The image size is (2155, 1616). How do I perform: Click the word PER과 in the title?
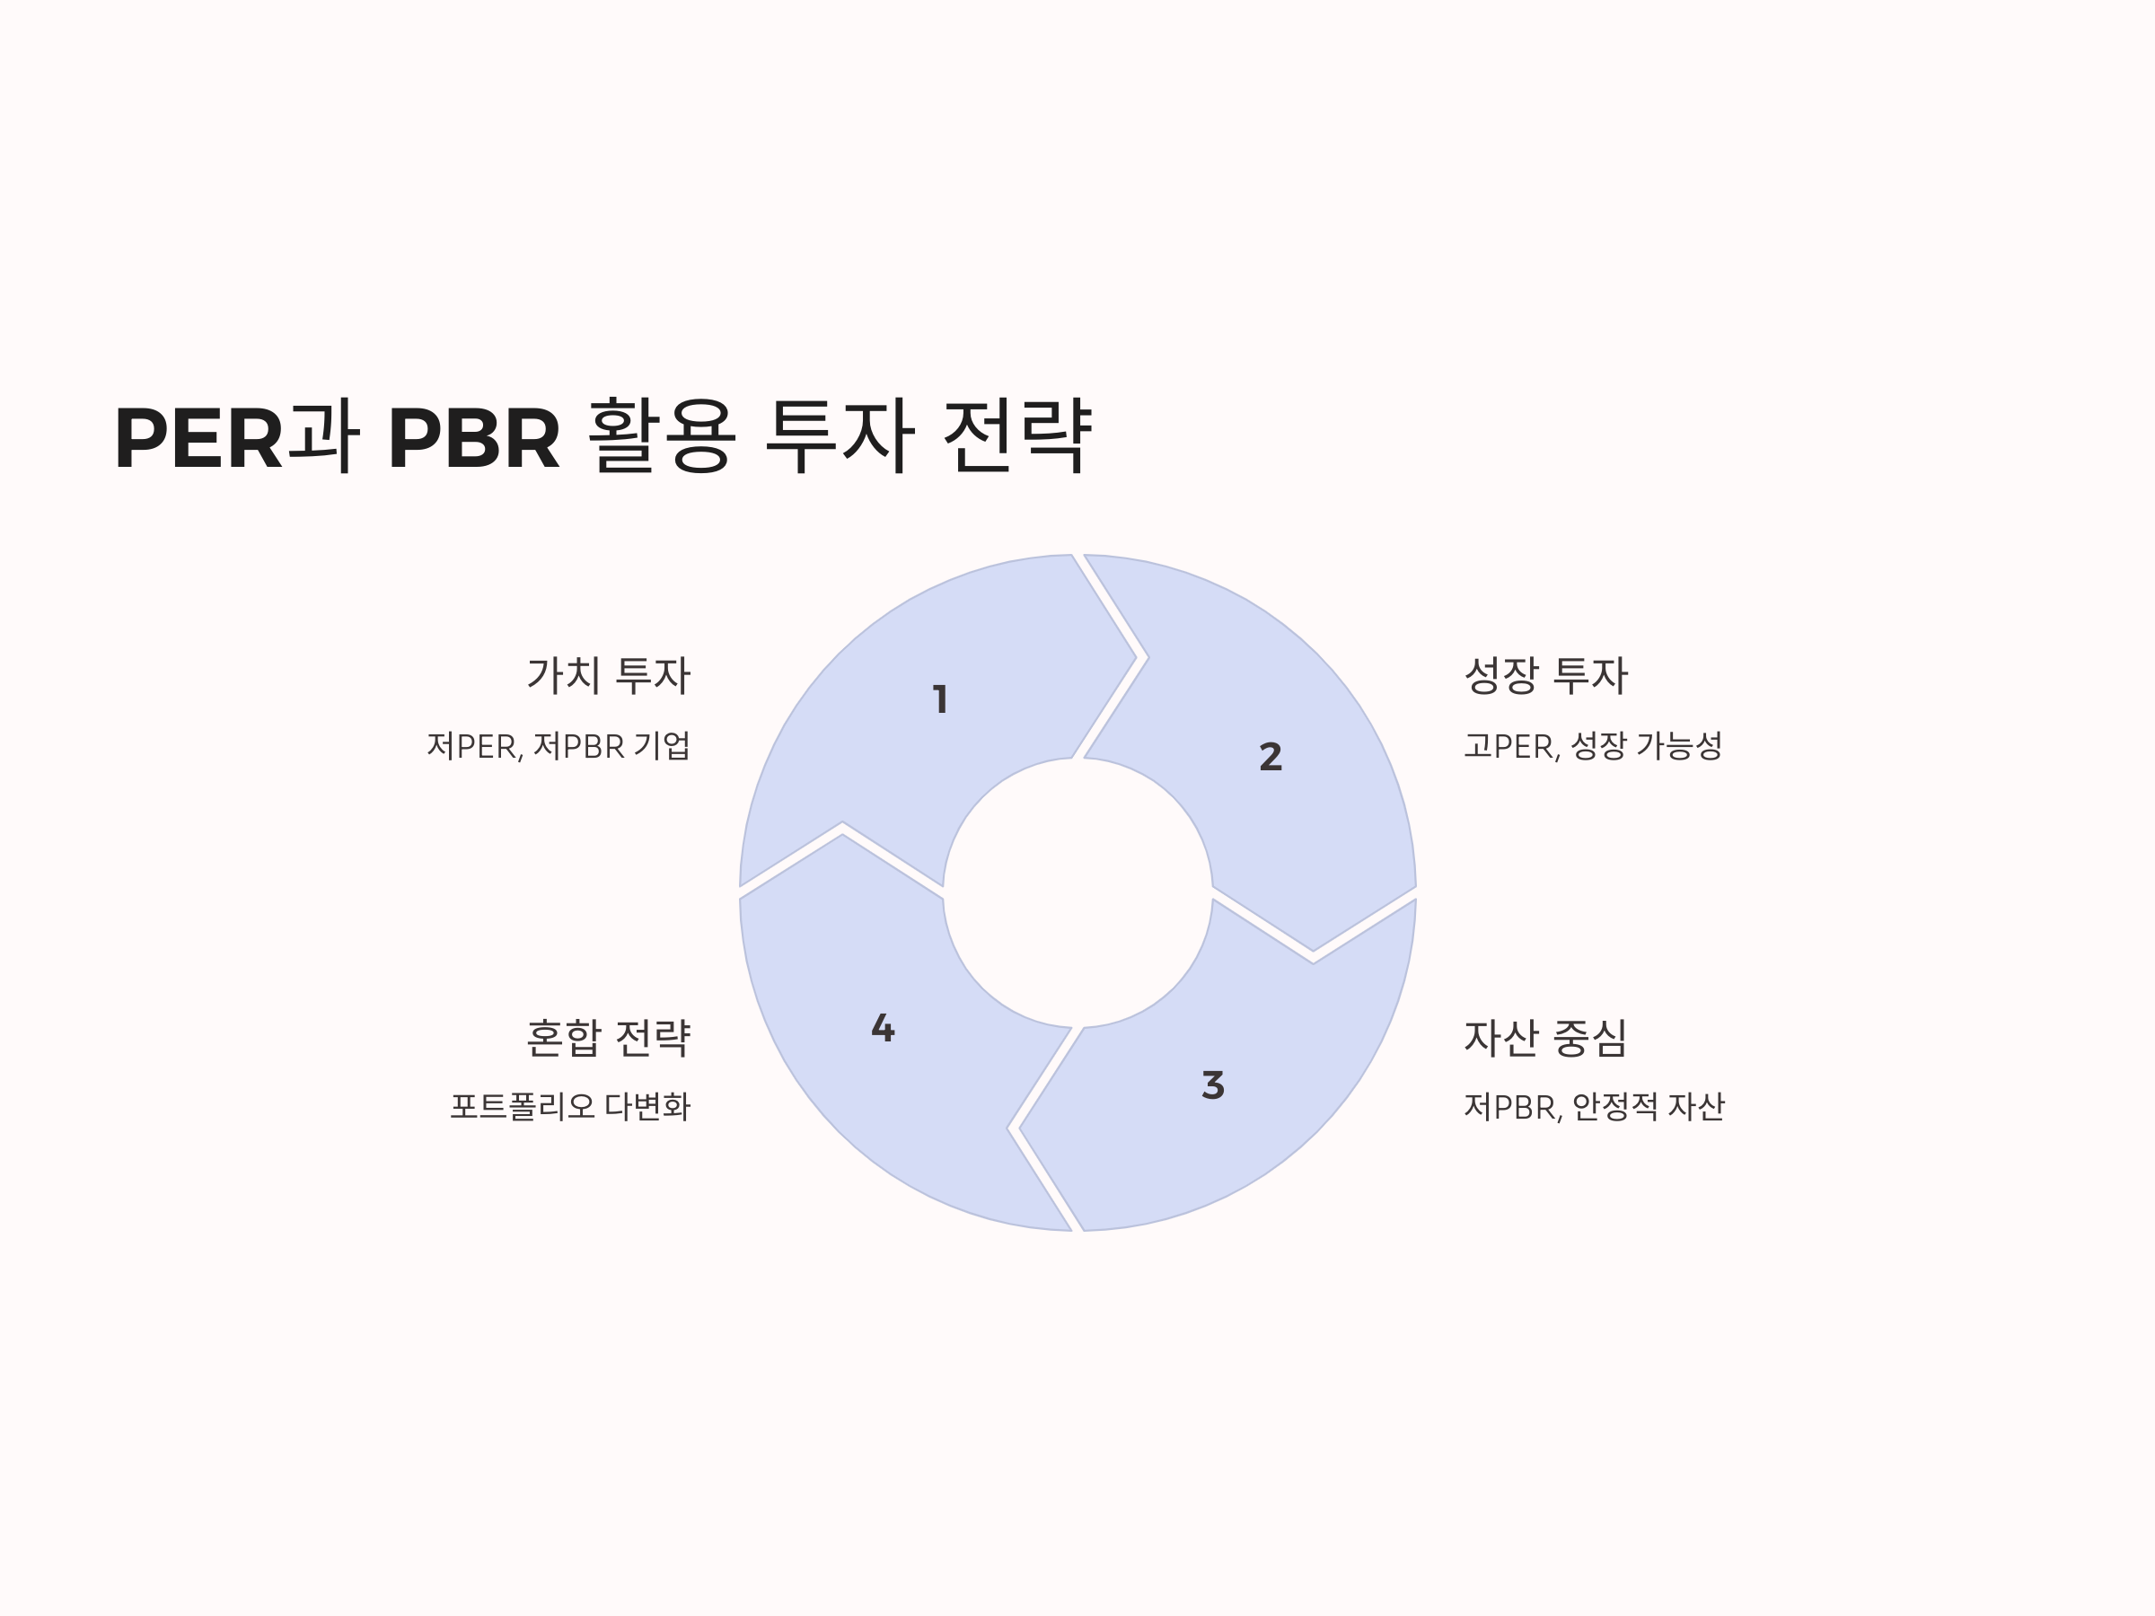point(237,437)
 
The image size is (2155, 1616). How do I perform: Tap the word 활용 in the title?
point(662,437)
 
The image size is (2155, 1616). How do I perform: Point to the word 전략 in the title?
point(1017,437)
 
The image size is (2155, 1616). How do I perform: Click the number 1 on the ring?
point(940,699)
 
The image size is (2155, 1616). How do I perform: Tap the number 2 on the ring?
point(1271,757)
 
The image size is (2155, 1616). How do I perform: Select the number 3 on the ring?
point(1213,1085)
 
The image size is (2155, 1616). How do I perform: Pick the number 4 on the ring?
point(883,1029)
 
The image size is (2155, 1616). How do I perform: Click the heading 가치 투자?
point(609,675)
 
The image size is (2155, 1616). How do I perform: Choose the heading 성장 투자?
point(1545,675)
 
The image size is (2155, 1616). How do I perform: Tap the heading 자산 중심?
point(1545,1038)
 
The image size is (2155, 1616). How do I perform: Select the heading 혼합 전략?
point(609,1038)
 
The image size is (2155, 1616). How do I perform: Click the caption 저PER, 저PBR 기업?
point(559,746)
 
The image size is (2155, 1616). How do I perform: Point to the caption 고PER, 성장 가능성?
point(1593,746)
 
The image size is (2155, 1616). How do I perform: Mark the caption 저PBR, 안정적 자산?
point(1594,1107)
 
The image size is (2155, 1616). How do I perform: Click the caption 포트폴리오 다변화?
point(570,1107)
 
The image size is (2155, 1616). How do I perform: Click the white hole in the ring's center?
point(1077,892)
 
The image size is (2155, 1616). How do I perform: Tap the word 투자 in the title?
point(840,437)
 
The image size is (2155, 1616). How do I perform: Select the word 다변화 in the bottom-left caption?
point(648,1107)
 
